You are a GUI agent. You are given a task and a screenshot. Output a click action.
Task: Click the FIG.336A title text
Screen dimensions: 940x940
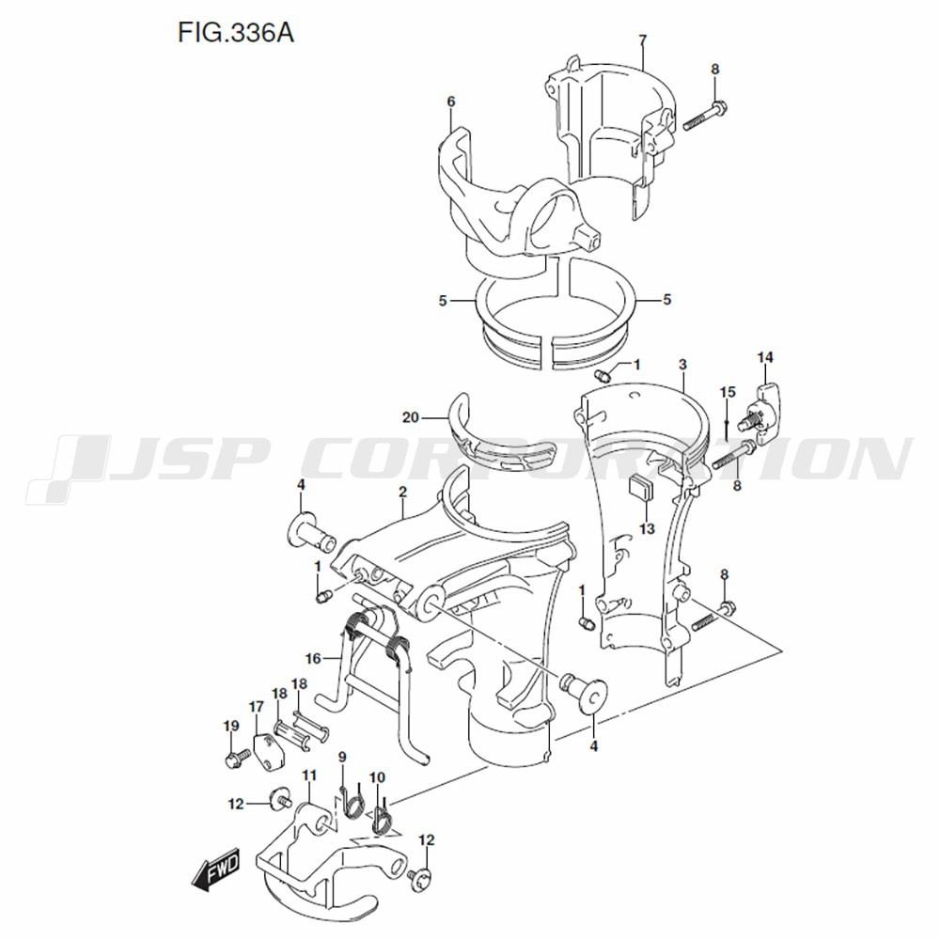236,35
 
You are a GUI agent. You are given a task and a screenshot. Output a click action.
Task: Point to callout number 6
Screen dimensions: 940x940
451,101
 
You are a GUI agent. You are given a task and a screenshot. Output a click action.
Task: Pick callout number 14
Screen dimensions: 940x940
765,357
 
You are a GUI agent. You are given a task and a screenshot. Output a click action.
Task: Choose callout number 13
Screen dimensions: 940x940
647,529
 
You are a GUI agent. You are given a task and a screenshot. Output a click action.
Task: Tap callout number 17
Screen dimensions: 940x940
256,707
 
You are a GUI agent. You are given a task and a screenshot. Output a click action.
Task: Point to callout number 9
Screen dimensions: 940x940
342,758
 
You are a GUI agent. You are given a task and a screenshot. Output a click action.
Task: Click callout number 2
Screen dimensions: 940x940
401,491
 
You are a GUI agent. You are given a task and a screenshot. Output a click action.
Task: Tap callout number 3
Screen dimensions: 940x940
682,364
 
